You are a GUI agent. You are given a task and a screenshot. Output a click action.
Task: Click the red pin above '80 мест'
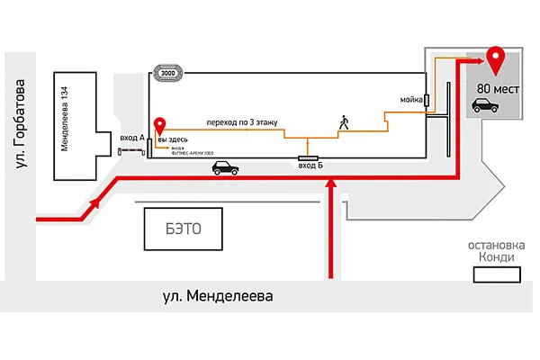[x=494, y=60]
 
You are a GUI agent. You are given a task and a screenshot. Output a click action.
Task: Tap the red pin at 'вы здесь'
[x=160, y=126]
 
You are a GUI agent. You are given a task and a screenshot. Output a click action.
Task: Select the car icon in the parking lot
[x=485, y=106]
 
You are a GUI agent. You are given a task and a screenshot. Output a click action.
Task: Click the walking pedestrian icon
[x=342, y=121]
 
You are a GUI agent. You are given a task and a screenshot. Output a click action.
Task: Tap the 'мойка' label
[x=412, y=98]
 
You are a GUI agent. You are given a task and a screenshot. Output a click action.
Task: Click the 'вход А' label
[x=131, y=138]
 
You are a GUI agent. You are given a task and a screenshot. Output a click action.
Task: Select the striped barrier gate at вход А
[x=132, y=149]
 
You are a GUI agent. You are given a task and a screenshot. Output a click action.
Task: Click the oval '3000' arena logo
[x=167, y=73]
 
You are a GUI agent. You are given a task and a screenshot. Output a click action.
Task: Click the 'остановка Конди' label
[x=490, y=251]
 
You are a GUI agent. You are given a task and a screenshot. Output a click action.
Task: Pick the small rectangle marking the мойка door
[x=427, y=100]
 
